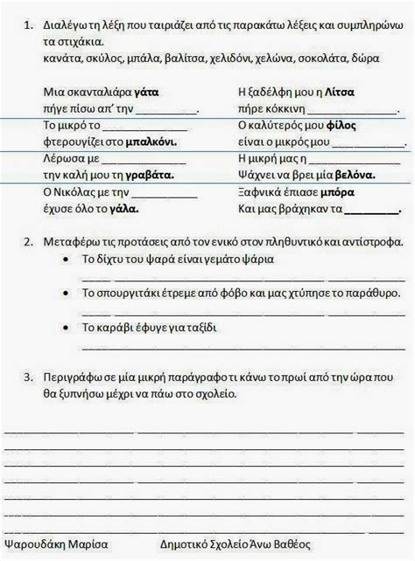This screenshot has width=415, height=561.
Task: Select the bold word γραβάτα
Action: click(x=150, y=175)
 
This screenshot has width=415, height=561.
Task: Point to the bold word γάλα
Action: click(x=126, y=210)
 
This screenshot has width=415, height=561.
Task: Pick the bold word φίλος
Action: click(x=341, y=126)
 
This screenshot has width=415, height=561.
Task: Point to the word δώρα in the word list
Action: click(x=367, y=58)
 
